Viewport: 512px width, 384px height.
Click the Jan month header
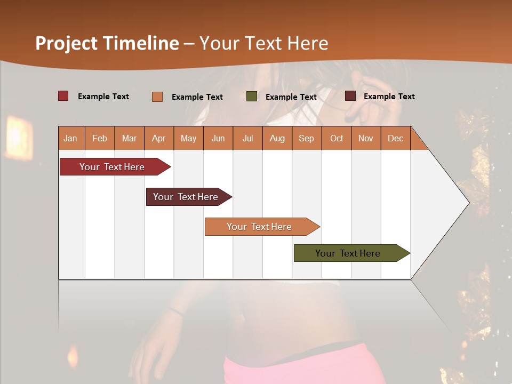(x=71, y=139)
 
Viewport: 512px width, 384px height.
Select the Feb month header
(x=100, y=139)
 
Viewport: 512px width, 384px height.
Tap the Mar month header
(x=129, y=139)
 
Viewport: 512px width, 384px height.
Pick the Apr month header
(x=158, y=139)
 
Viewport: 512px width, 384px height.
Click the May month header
(x=188, y=139)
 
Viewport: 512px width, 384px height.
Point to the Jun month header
(x=218, y=139)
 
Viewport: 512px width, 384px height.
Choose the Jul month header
(x=247, y=139)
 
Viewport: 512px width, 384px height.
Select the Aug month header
(x=277, y=139)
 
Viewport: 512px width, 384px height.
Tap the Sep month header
(x=306, y=139)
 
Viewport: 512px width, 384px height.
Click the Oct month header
(x=337, y=139)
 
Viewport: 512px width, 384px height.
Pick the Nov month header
(x=366, y=139)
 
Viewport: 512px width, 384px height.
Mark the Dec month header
(x=395, y=139)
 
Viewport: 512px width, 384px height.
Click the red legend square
(x=63, y=96)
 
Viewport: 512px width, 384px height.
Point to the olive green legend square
(x=252, y=97)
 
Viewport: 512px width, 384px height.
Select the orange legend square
(x=157, y=97)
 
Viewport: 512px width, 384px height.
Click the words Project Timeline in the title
(x=107, y=43)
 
